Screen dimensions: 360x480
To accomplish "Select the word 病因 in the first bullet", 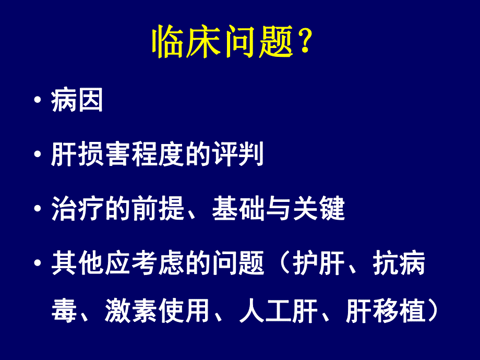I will coord(77,100).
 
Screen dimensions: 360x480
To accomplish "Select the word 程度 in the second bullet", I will coord(158,155).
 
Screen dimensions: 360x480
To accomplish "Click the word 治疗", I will coord(78,209).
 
